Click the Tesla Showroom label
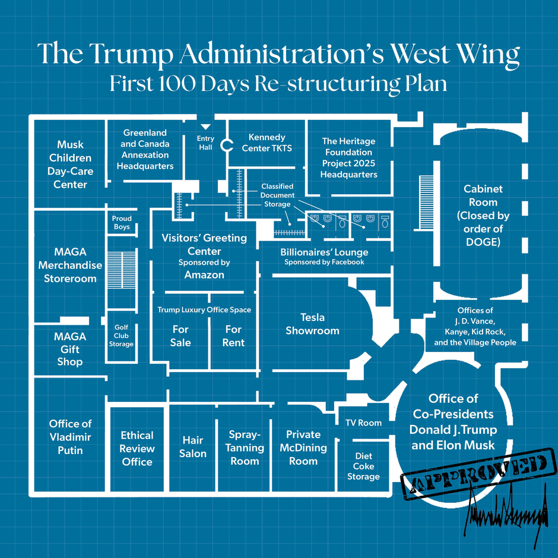click(312, 324)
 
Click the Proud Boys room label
click(122, 223)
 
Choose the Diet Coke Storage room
click(363, 467)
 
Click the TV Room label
click(363, 423)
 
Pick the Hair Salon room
click(193, 447)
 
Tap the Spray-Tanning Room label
click(245, 448)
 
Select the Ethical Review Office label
click(137, 449)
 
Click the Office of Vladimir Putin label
click(70, 437)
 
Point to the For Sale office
click(180, 336)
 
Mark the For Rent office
click(233, 336)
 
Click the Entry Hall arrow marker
click(205, 126)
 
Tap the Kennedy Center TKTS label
click(267, 143)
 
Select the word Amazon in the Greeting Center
click(204, 275)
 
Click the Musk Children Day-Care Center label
click(70, 164)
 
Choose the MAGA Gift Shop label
click(70, 349)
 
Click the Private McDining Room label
click(303, 448)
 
